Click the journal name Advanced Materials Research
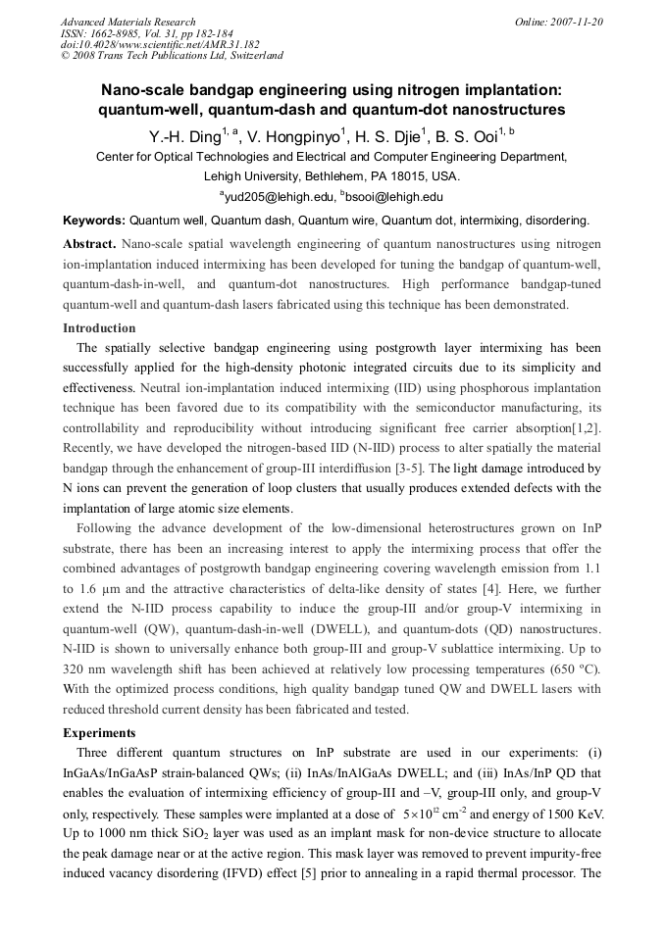pos(128,22)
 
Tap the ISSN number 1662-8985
pos(119,32)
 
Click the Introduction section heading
pos(99,327)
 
